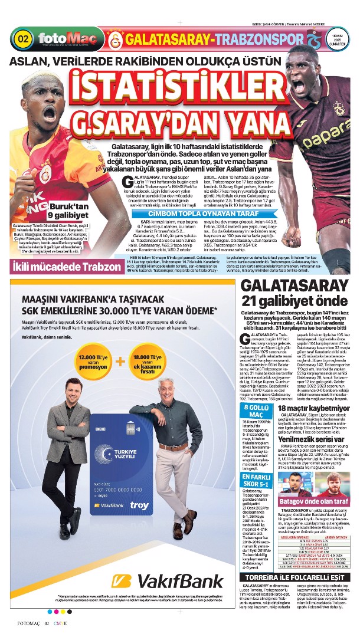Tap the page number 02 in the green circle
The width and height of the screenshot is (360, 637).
pos(24,40)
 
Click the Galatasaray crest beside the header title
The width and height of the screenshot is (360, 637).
pos(116,40)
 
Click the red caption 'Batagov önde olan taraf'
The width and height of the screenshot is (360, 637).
pos(316,501)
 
